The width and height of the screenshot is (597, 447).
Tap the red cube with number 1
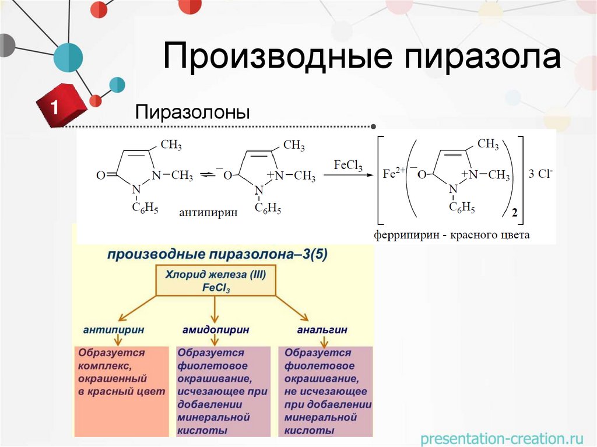(58, 107)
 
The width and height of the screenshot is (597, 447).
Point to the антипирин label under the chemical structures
(208, 213)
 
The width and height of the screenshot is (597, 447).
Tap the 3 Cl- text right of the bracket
(540, 173)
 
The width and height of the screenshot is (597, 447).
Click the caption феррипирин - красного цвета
(452, 235)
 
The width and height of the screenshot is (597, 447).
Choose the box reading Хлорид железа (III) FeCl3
(216, 281)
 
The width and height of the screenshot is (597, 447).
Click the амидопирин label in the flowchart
(216, 330)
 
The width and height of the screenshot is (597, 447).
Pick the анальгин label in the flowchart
(322, 330)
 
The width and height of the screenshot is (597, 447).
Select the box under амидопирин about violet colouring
(223, 392)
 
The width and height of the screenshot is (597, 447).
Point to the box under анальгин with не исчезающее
(325, 392)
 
